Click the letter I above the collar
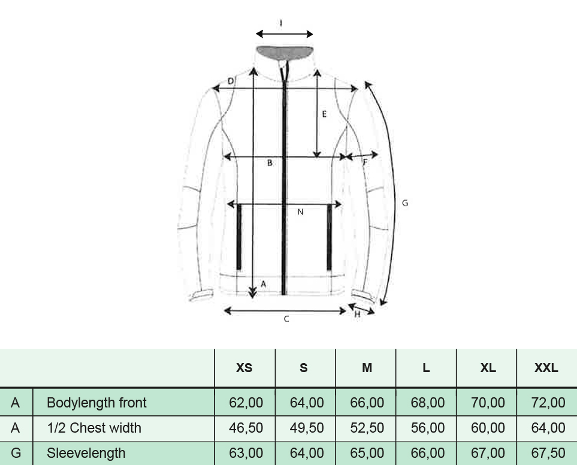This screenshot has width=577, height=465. point(281,23)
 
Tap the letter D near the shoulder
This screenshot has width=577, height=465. point(230,81)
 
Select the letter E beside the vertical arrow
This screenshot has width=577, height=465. point(324,114)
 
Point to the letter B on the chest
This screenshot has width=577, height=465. point(270,162)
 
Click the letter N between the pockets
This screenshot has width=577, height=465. point(300,212)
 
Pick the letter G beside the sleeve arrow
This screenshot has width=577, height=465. point(405,203)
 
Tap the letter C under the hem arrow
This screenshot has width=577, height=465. point(286,319)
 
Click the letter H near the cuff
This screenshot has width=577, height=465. point(357,314)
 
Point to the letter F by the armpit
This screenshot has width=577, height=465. point(365,162)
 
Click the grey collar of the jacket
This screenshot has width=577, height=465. point(285,52)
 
